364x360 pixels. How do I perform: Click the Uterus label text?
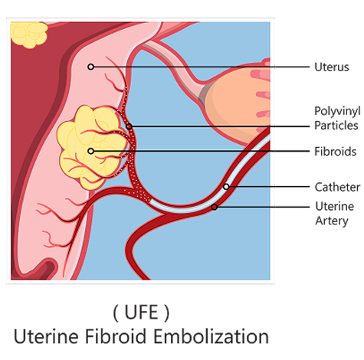[332, 67]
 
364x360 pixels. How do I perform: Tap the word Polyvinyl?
[337, 111]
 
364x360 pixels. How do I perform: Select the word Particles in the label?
[336, 126]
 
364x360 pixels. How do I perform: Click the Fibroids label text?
[335, 152]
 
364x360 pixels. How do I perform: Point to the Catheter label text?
[337, 187]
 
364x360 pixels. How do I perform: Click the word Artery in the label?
[332, 221]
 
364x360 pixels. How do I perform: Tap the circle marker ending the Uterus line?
[90, 67]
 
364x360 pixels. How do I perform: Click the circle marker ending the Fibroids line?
[90, 151]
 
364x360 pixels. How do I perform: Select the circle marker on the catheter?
[226, 187]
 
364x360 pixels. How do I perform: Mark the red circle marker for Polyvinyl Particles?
[129, 126]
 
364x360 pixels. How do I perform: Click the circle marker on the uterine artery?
[215, 207]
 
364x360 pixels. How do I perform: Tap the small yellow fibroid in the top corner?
[29, 34]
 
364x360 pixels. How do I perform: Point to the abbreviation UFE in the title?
[141, 313]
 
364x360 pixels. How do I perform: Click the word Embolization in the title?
[211, 336]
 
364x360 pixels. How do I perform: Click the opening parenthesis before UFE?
[116, 313]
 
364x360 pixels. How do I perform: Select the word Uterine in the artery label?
[335, 206]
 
